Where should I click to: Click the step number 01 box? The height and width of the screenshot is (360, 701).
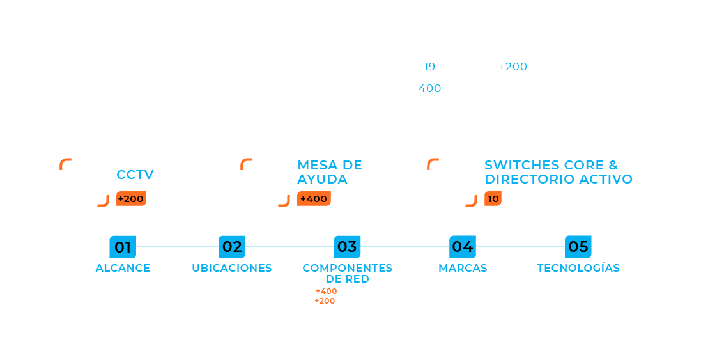[123, 247]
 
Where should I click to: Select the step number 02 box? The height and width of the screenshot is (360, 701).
[232, 247]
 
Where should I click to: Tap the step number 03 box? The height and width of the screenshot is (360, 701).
[347, 247]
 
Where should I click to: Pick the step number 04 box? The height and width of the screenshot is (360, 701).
[463, 247]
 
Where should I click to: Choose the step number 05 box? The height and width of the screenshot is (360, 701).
[578, 247]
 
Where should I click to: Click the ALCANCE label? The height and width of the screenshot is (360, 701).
[123, 268]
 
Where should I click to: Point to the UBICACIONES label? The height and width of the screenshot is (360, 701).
[232, 268]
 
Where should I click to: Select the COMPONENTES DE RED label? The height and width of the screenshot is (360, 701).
[347, 273]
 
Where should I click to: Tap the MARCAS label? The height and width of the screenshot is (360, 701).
[463, 268]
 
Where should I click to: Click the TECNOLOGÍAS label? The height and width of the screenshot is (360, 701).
[578, 268]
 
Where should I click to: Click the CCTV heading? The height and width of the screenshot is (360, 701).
[135, 175]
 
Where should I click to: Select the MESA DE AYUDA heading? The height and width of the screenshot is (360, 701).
[330, 172]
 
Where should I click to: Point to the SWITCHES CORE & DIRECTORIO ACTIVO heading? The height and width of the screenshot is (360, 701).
[558, 172]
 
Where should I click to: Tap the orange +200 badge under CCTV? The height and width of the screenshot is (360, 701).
[131, 199]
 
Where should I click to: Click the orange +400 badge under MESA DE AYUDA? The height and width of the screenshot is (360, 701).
[314, 199]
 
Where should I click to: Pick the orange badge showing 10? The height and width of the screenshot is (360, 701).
[493, 199]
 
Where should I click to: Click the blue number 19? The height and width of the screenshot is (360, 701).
[429, 67]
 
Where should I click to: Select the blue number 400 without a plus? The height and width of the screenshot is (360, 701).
[429, 88]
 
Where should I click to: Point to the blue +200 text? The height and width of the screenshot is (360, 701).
[513, 67]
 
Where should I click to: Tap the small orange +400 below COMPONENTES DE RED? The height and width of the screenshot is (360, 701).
[326, 292]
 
